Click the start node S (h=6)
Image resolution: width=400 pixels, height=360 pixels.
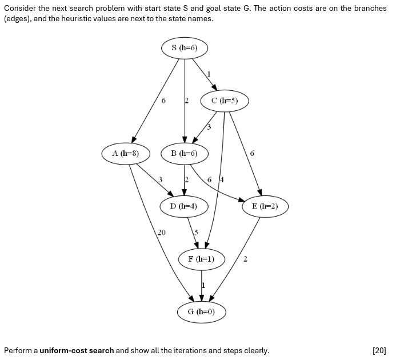(x=184, y=48)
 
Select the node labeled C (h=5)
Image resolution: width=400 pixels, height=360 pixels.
(x=225, y=101)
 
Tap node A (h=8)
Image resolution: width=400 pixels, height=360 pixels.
(x=126, y=153)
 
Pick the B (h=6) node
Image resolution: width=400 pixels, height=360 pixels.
(x=184, y=153)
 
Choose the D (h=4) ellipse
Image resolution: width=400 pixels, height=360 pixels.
(x=184, y=206)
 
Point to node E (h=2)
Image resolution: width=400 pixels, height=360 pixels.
(x=265, y=206)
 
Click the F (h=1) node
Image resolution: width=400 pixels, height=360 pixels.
(x=201, y=259)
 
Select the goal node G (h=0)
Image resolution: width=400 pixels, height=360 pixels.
(x=201, y=311)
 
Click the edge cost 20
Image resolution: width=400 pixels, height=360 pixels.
(x=162, y=233)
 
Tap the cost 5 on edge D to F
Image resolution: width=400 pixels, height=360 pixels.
(x=195, y=233)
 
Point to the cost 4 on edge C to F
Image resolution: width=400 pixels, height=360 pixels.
(x=222, y=179)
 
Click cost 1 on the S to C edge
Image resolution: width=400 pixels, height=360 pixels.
(x=209, y=74)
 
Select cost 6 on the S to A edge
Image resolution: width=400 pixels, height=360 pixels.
(x=163, y=101)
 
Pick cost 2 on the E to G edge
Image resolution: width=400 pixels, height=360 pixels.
(x=245, y=259)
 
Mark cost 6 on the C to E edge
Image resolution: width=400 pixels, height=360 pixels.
(x=252, y=153)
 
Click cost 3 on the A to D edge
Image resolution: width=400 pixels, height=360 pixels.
(x=161, y=179)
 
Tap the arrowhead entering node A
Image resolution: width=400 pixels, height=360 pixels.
(x=134, y=139)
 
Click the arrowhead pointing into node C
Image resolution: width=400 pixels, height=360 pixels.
(x=215, y=87)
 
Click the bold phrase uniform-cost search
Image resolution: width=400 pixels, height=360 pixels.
(x=77, y=350)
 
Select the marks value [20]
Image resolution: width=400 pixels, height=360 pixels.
(x=379, y=350)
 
